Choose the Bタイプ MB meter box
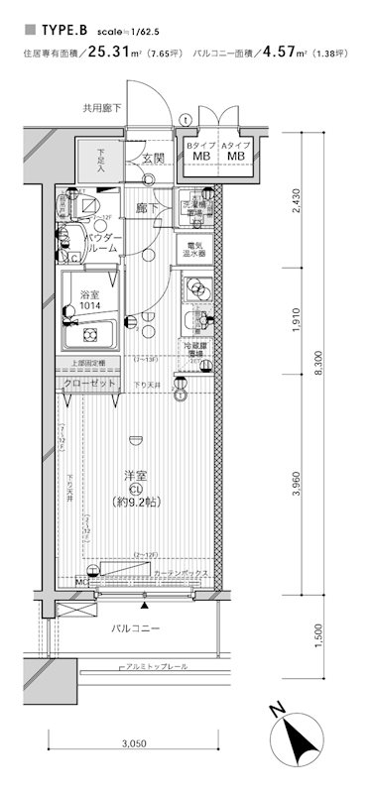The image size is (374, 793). point(200,151)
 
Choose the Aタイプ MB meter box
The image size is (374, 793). point(235,151)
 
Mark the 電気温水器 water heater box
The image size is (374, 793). point(193,249)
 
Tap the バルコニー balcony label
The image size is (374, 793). point(134,627)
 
